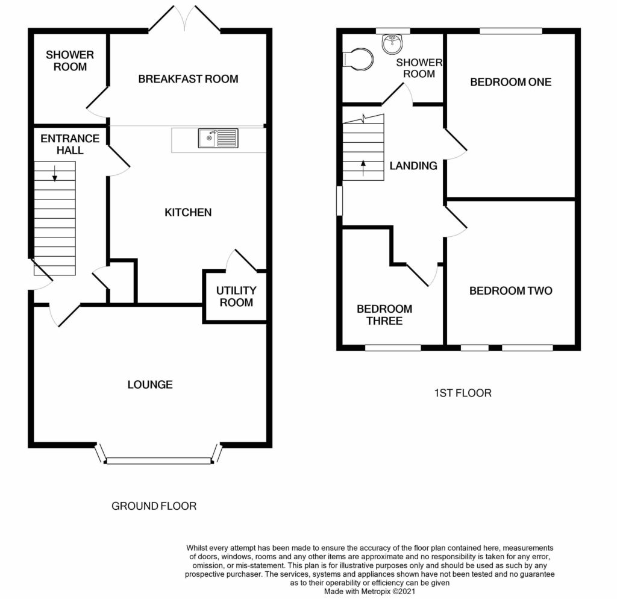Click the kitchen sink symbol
tap(218, 139)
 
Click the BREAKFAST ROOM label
tap(188, 79)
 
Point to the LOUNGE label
tap(150, 384)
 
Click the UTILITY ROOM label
tap(236, 296)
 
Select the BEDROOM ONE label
tap(510, 82)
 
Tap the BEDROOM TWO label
tap(510, 291)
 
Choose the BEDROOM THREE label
tap(384, 315)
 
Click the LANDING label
tap(413, 166)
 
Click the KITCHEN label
tap(188, 212)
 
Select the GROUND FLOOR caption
tap(154, 506)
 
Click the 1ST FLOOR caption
tap(463, 393)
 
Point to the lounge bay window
tap(158, 460)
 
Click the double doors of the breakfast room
tap(184, 18)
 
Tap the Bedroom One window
tap(511, 31)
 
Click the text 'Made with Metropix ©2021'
tap(369, 592)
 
